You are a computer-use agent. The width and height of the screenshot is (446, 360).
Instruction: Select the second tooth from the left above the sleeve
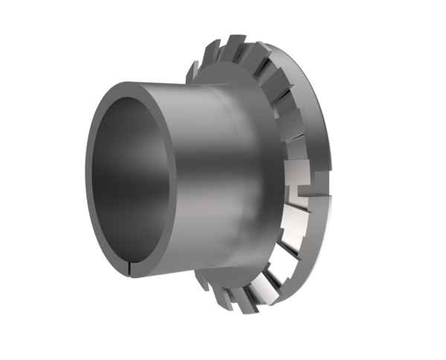[210, 52]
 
